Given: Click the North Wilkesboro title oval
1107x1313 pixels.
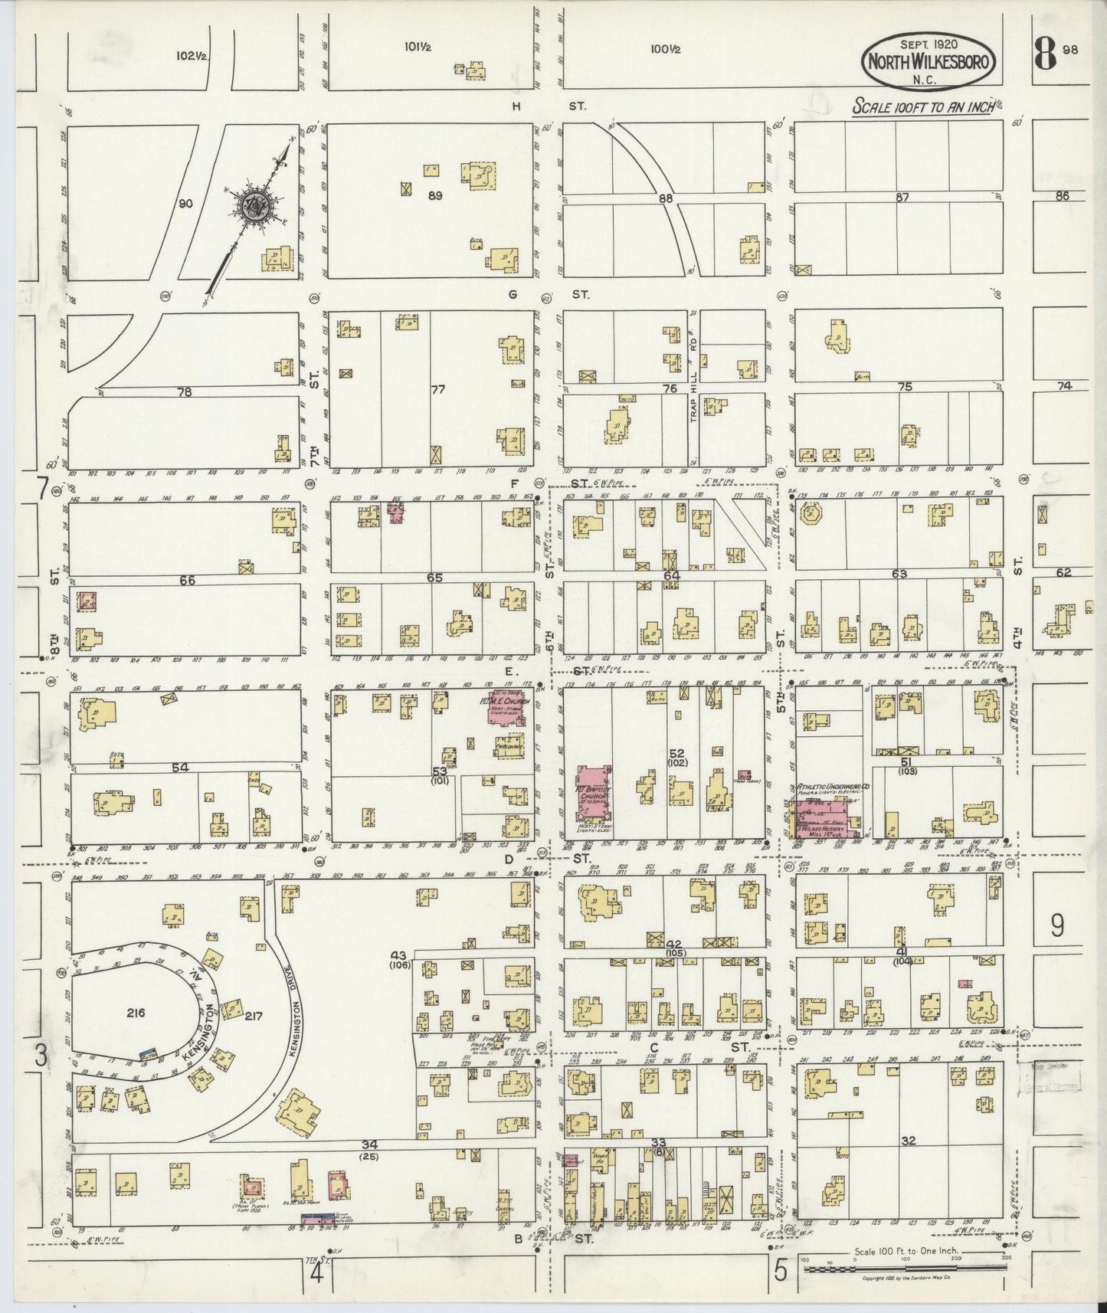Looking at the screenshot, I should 931,61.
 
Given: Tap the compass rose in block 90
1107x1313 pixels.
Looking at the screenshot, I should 254,205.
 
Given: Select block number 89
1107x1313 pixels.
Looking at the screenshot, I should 435,196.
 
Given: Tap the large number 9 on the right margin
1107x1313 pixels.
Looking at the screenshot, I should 1057,926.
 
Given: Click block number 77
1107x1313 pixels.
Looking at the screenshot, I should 437,390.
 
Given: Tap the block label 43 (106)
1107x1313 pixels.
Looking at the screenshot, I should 398,959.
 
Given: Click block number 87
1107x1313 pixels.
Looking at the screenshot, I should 902,198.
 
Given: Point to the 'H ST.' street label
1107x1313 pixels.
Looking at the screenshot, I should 547,106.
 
